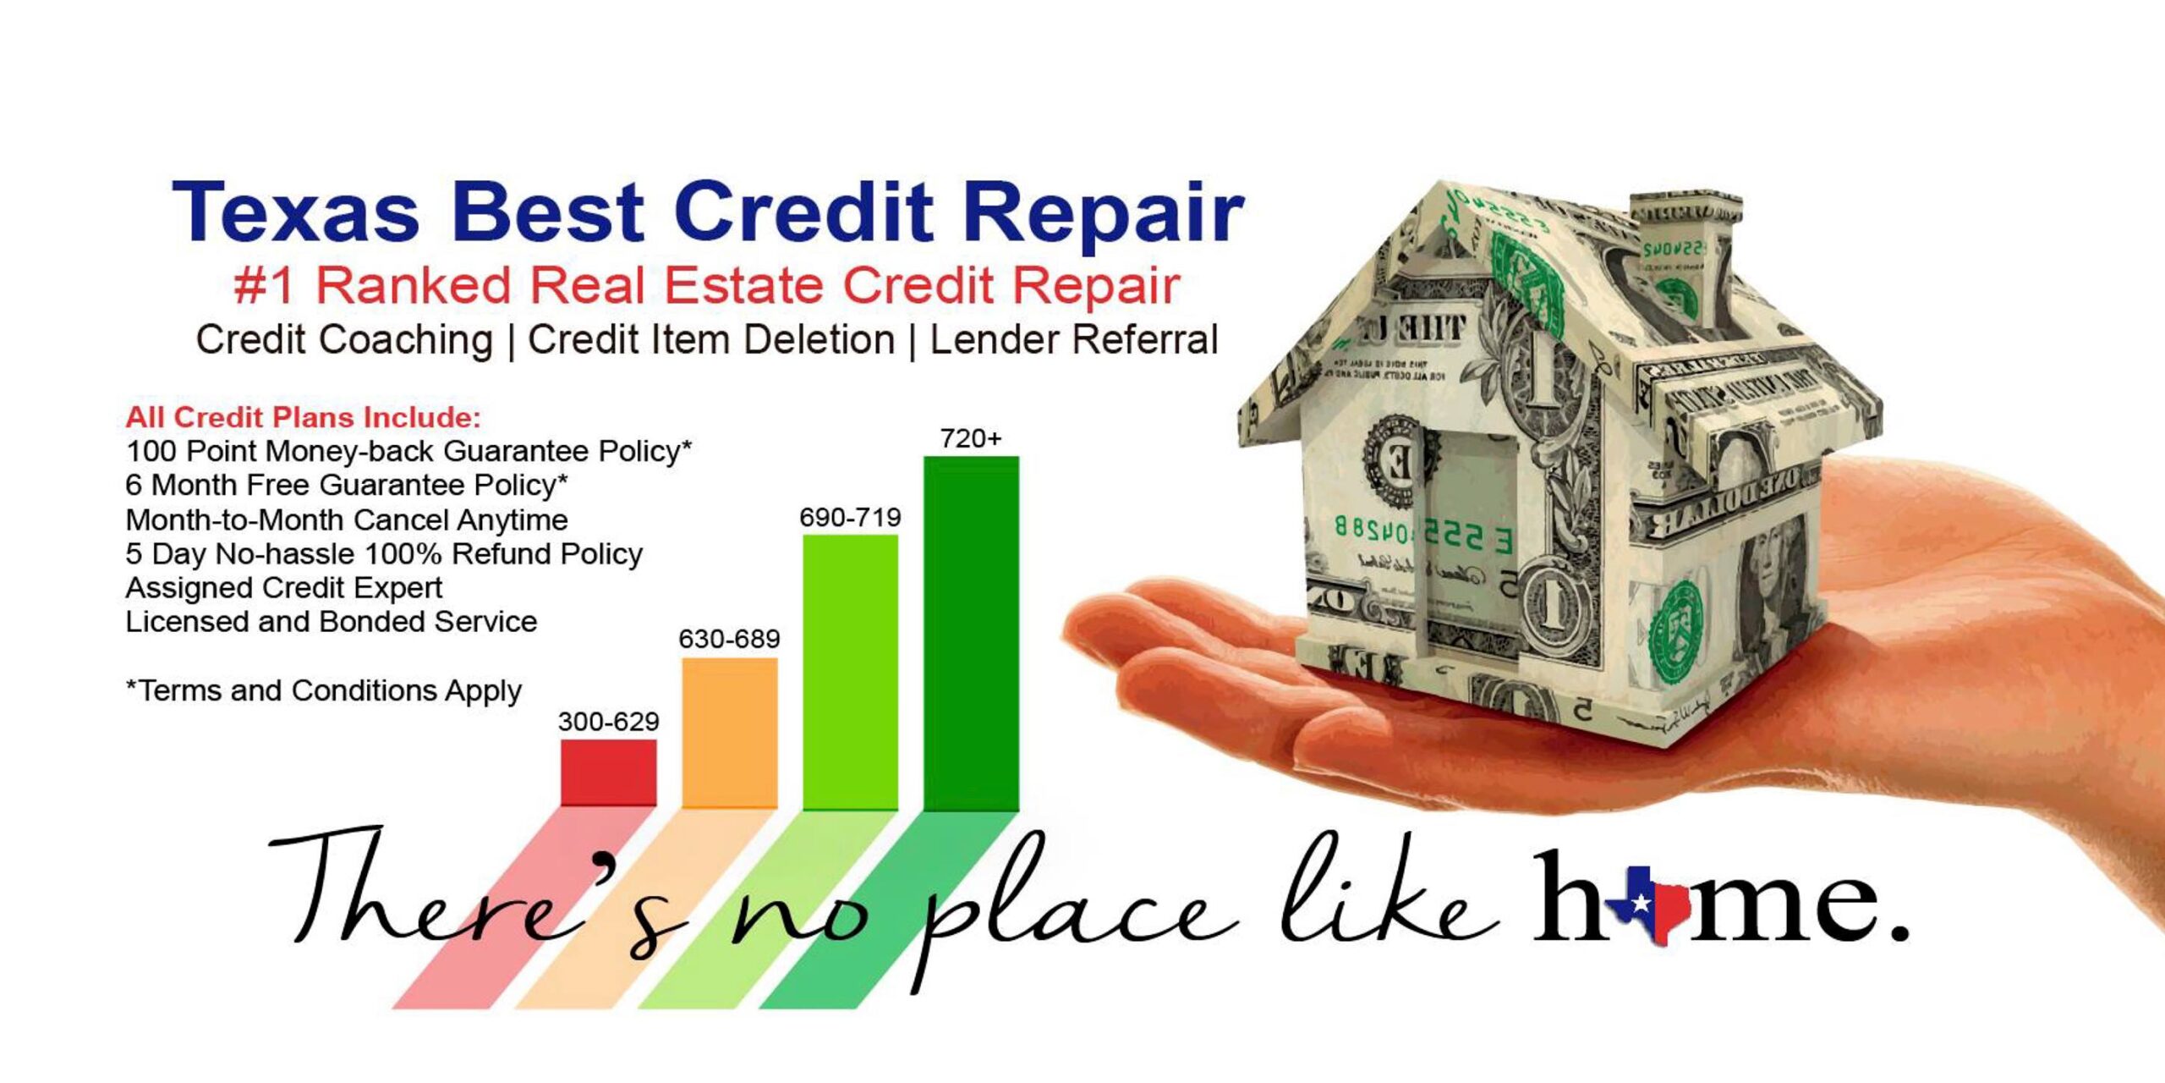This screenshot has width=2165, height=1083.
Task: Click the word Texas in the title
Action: [296, 212]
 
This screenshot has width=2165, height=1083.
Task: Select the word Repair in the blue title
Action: [1104, 216]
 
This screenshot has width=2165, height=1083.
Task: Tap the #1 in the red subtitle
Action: [264, 285]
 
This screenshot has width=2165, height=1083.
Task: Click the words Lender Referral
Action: [1074, 340]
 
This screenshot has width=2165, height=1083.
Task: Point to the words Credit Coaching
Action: [344, 341]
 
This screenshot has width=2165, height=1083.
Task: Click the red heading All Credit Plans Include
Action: [304, 417]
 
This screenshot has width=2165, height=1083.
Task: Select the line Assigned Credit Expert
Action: [283, 587]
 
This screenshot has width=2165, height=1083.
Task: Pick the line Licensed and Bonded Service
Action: [331, 622]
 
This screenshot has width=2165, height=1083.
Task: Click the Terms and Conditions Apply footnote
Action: [324, 691]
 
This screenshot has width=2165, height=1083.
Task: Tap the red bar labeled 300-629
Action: [609, 772]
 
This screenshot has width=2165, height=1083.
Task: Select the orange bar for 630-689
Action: [730, 733]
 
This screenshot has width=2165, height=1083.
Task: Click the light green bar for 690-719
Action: [851, 672]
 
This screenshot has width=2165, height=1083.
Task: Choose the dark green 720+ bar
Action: [971, 634]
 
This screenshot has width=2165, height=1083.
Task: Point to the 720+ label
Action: [971, 438]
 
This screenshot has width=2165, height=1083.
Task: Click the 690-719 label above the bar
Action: [851, 517]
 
